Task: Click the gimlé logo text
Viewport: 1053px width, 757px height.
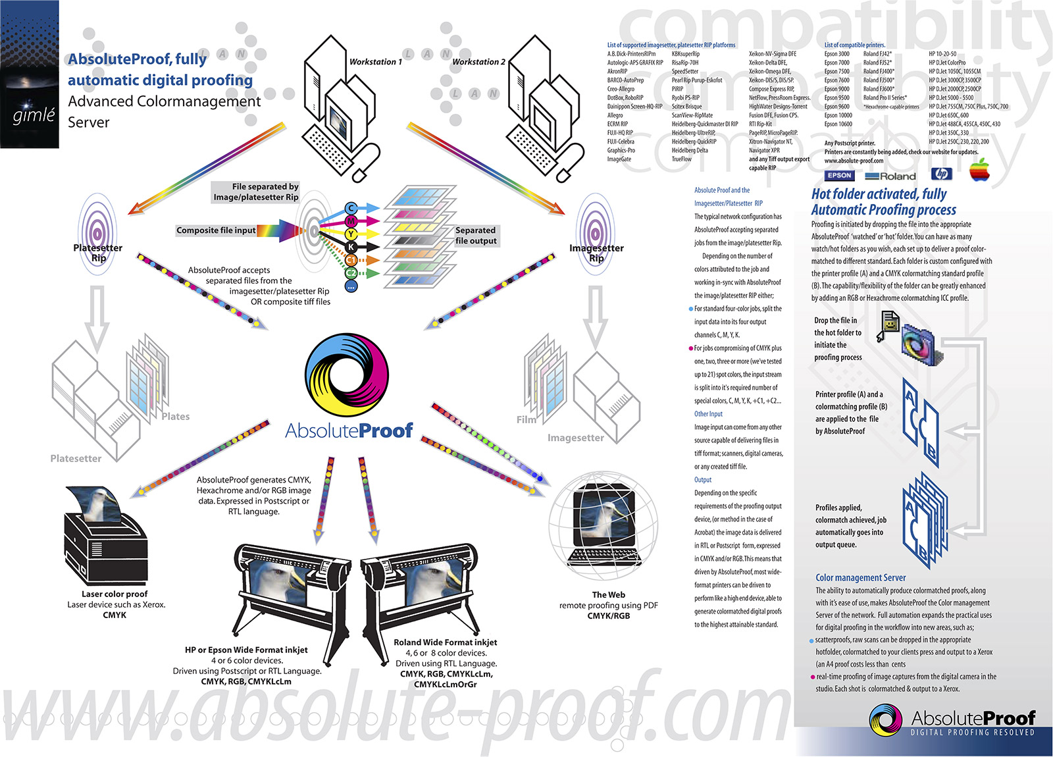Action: [x=34, y=115]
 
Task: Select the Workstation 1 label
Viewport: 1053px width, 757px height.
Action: [x=375, y=62]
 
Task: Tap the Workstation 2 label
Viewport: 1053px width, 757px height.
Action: [x=478, y=62]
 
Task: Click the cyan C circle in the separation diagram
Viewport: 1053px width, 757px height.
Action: [x=351, y=209]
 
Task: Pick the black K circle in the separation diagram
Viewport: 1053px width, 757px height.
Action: [x=351, y=247]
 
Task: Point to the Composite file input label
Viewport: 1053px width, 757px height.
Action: [x=216, y=230]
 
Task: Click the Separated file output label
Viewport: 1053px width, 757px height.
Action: [x=476, y=235]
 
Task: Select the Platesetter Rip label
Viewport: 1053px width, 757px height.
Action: [x=98, y=253]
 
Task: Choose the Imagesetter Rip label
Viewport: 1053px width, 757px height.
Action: [x=596, y=253]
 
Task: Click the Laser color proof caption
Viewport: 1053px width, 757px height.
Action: [x=115, y=594]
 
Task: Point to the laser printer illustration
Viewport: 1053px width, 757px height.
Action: [x=105, y=533]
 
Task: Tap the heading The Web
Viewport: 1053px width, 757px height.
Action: [x=608, y=594]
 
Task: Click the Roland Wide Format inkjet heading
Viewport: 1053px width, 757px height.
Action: [x=446, y=642]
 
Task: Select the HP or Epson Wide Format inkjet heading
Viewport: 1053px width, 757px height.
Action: [x=246, y=650]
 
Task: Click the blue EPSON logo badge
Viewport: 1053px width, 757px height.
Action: [x=839, y=176]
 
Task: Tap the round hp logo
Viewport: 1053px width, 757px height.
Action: [x=942, y=174]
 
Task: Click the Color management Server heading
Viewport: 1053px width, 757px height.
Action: [x=861, y=577]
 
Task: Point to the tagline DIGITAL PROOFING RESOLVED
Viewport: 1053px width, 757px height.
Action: [x=972, y=732]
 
